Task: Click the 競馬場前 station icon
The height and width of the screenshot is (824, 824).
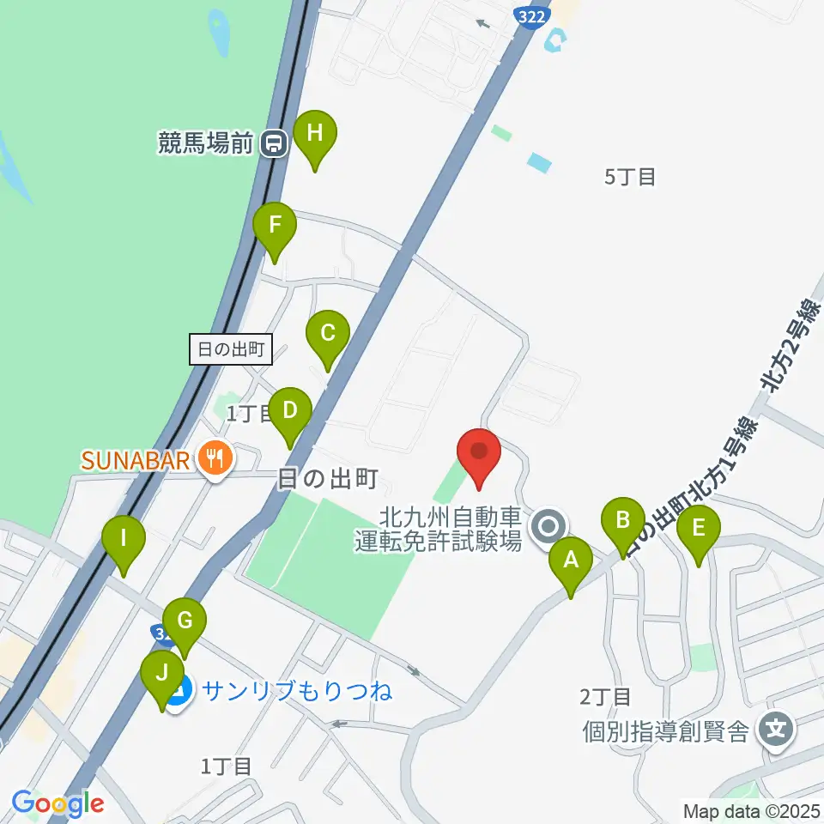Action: (x=274, y=142)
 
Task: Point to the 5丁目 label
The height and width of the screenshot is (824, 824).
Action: (x=631, y=178)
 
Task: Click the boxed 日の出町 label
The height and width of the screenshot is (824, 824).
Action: (x=230, y=349)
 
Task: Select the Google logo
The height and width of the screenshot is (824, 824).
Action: (x=58, y=803)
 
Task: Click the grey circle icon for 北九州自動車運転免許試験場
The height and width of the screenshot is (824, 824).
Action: (x=548, y=527)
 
